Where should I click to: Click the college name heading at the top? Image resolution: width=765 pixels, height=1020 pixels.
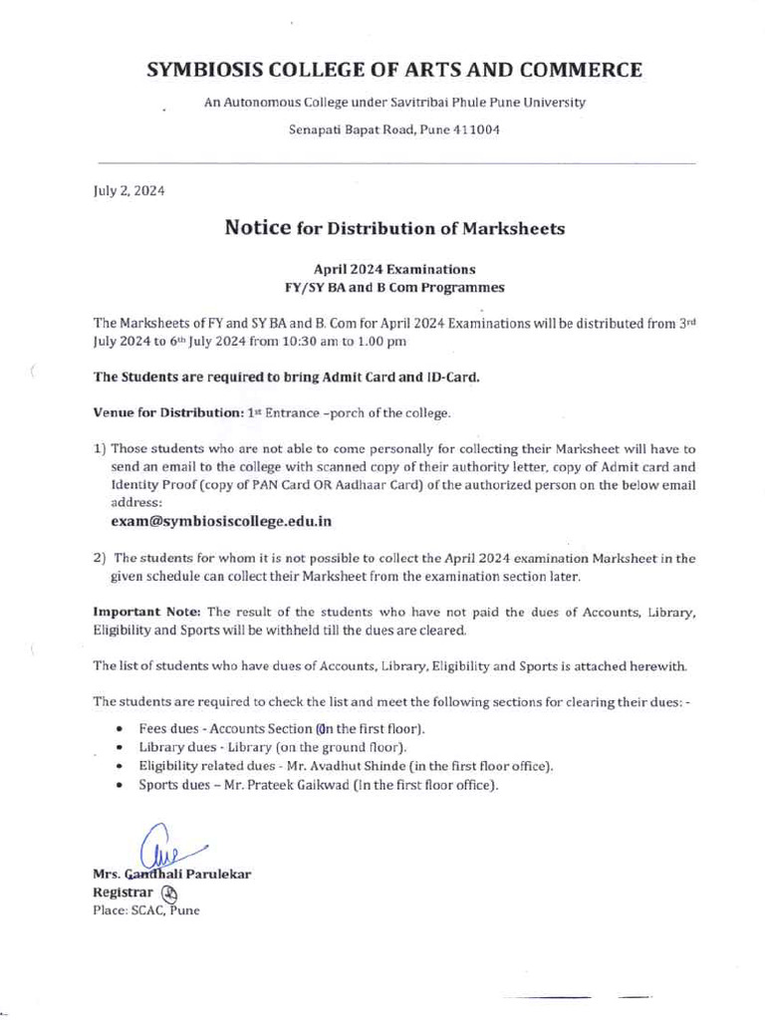(394, 70)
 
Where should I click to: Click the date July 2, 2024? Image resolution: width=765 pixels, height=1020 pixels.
(123, 189)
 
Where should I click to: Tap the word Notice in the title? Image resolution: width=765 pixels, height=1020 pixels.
(258, 228)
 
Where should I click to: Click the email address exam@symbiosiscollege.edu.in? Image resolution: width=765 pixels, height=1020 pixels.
(221, 521)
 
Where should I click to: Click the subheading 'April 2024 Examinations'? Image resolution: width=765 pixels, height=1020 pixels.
(394, 270)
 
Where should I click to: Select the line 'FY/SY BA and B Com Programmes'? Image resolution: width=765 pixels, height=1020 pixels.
(394, 288)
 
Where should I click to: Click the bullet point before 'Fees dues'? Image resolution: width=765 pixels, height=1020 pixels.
(120, 729)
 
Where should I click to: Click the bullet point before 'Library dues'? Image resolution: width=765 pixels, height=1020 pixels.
(120, 747)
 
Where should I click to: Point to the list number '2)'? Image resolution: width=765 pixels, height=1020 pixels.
(100, 558)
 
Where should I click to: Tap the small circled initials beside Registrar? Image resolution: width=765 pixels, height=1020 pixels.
(168, 893)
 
